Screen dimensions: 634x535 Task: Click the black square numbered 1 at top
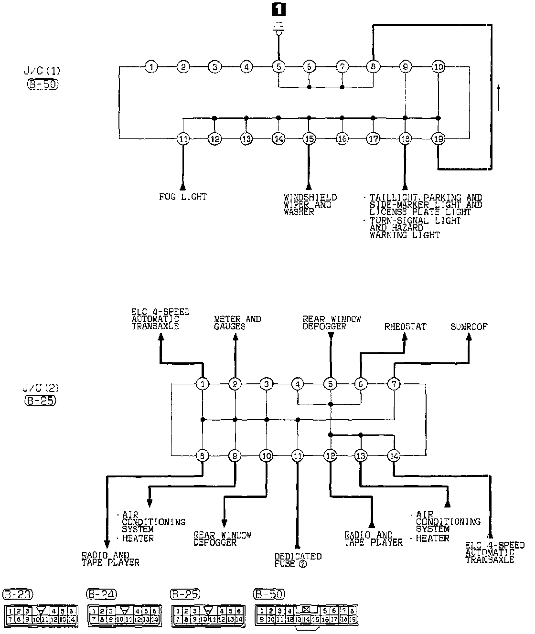click(x=278, y=11)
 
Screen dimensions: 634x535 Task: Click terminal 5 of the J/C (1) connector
click(x=278, y=67)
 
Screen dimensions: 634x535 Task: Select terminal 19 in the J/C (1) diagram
click(x=438, y=139)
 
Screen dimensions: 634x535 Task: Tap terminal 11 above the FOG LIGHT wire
click(x=183, y=139)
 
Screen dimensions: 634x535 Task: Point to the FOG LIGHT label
click(x=183, y=197)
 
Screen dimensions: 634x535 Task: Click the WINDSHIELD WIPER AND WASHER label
click(x=310, y=204)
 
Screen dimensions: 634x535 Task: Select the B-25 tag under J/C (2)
click(x=40, y=401)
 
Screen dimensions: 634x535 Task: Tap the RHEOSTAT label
click(x=405, y=327)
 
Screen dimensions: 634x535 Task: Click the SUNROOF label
click(x=469, y=327)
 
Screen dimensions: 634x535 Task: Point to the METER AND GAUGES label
click(x=237, y=323)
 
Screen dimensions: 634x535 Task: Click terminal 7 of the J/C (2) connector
click(x=394, y=384)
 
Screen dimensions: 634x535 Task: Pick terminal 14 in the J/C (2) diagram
click(x=393, y=456)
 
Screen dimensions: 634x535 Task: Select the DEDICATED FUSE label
click(x=298, y=560)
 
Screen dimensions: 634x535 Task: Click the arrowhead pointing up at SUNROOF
click(x=469, y=337)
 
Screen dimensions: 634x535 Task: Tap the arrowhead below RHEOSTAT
click(x=405, y=337)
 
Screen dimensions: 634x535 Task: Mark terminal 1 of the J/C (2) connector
click(x=203, y=384)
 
